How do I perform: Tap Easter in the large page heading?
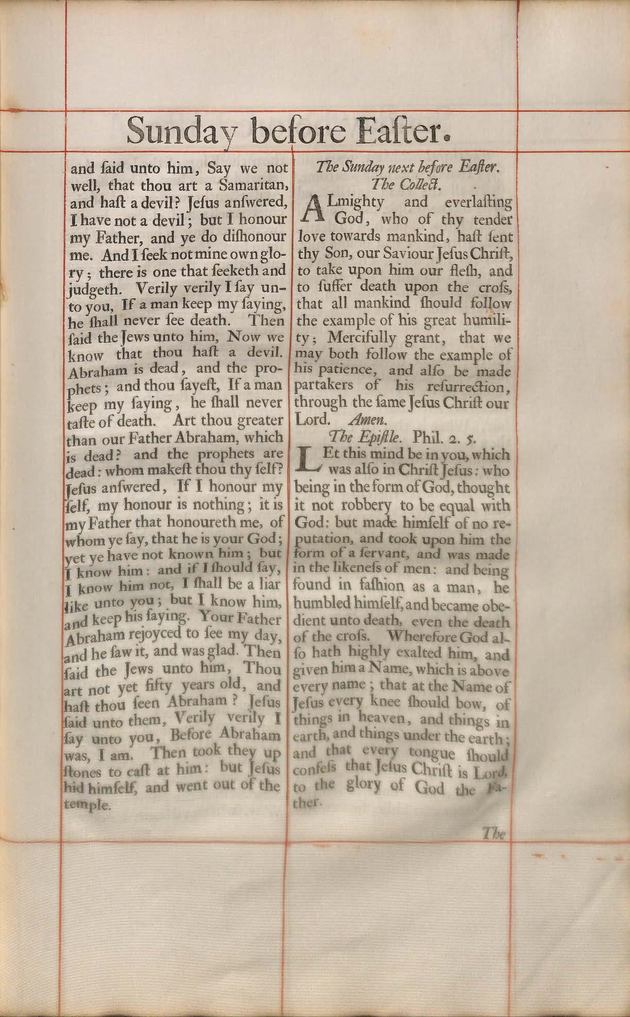pos(395,131)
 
